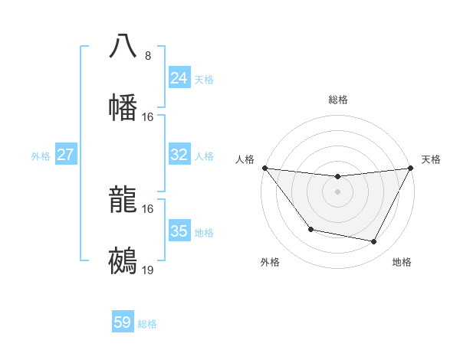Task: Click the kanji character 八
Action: pos(123,46)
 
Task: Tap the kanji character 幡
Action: pos(123,107)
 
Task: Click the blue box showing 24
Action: pos(179,78)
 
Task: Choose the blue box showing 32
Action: pos(179,155)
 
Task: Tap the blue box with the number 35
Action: pos(179,231)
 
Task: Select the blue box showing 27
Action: pos(66,155)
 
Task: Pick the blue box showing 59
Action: pos(123,322)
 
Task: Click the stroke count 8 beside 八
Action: pos(148,56)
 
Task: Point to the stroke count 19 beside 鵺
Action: pos(148,270)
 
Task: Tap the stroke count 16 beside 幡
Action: pos(148,117)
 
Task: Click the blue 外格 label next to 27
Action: pos(41,155)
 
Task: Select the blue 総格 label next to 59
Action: pos(147,323)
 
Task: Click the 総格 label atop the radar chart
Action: pos(337,100)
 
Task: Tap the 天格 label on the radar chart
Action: pos(431,159)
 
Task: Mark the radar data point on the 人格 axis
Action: pos(264,168)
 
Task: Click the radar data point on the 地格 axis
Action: pos(374,242)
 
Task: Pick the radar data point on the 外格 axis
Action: pos(310,229)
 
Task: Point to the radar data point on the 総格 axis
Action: pos(337,178)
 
